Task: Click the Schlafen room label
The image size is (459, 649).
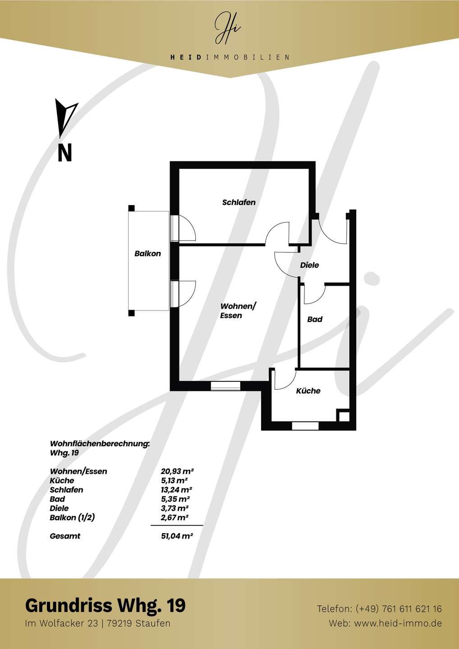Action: pyautogui.click(x=239, y=202)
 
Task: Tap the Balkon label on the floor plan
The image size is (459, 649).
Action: pyautogui.click(x=147, y=253)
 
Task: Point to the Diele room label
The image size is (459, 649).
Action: pyautogui.click(x=309, y=265)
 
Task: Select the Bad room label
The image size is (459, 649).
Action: pyautogui.click(x=315, y=319)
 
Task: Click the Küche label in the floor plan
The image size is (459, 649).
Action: pyautogui.click(x=308, y=391)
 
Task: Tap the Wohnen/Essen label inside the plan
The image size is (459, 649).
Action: pyautogui.click(x=239, y=311)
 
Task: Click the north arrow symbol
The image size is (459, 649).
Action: pyautogui.click(x=66, y=118)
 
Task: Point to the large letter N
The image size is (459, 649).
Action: pyautogui.click(x=64, y=153)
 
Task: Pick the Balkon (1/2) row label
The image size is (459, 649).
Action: pyautogui.click(x=72, y=518)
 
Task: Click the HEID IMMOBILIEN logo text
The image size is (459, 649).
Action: pyautogui.click(x=229, y=57)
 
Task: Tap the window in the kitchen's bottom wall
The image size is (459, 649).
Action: pyautogui.click(x=305, y=426)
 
